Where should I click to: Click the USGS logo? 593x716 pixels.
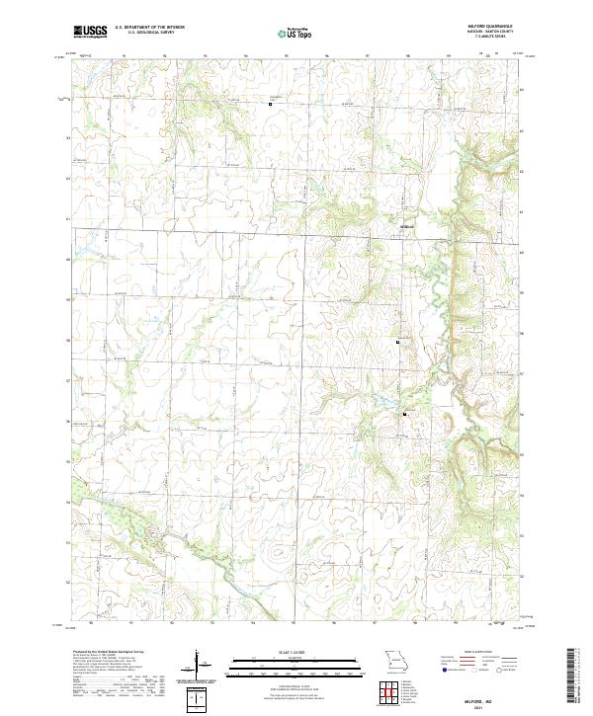coord(90,32)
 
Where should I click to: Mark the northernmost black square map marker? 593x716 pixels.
coord(271,102)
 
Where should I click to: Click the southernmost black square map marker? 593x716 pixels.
coord(404,414)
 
